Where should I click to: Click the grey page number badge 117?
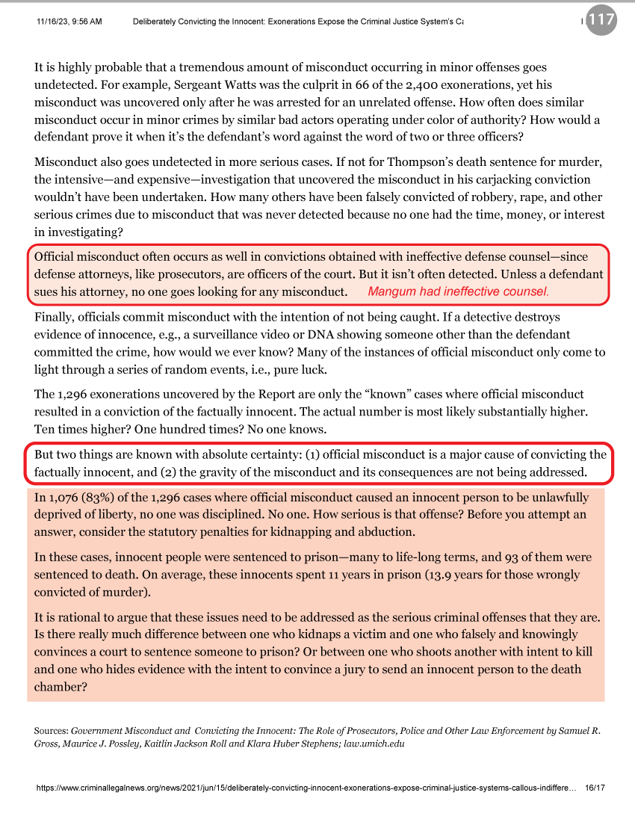pos(601,20)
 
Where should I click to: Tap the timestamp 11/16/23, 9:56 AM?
pos(69,21)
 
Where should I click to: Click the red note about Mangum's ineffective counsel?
pos(459,291)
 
